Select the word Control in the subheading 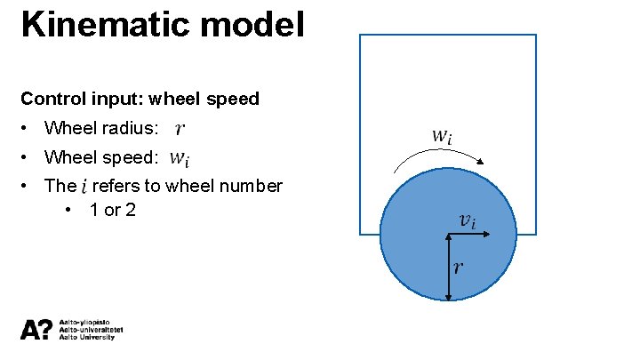coord(50,99)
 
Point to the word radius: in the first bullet coord(133,129)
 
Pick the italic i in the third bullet coord(84,187)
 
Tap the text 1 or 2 coord(113,211)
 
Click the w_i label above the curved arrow coord(442,137)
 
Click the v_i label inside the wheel coord(467,220)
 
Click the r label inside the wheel coord(458,267)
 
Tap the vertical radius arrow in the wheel coord(447,266)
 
